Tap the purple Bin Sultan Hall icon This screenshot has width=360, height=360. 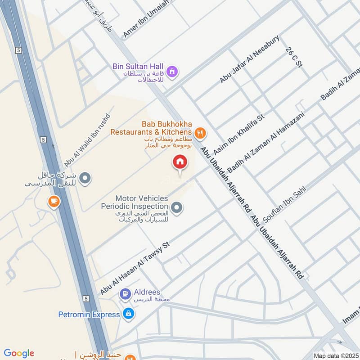pos(172,72)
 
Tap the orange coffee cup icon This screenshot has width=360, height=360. pos(54,202)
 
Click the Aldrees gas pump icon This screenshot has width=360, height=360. pos(125,293)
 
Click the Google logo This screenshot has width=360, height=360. pos(19,353)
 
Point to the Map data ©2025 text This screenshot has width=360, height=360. pos(336,355)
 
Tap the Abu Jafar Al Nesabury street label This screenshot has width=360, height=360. pos(250,59)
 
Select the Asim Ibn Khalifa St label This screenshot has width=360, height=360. pos(238,134)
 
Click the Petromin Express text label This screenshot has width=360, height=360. pos(89,315)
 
